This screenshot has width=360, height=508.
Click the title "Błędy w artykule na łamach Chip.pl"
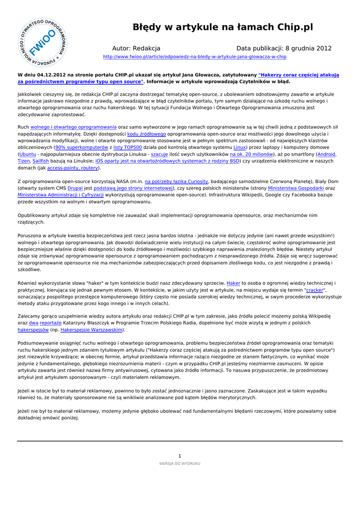click(x=222, y=27)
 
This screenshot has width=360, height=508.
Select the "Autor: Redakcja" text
click(x=136, y=49)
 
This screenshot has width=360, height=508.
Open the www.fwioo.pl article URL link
click(x=194, y=57)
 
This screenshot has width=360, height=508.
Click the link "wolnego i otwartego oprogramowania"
click(x=73, y=127)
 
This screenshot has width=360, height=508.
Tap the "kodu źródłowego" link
click(x=146, y=134)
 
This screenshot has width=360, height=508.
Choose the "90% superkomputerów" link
click(x=81, y=147)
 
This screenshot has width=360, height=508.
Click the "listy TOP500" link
click(x=128, y=147)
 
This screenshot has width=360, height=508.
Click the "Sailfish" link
click(x=41, y=161)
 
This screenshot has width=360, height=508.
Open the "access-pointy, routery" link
click(x=73, y=168)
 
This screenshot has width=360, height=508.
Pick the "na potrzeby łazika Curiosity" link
click(x=176, y=182)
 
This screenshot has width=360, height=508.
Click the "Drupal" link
click(x=75, y=189)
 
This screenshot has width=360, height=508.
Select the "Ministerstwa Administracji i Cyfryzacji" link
click(x=61, y=195)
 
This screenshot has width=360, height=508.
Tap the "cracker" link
click(x=314, y=290)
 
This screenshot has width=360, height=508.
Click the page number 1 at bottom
click(x=180, y=456)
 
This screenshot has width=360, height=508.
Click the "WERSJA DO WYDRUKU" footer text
click(x=180, y=463)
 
